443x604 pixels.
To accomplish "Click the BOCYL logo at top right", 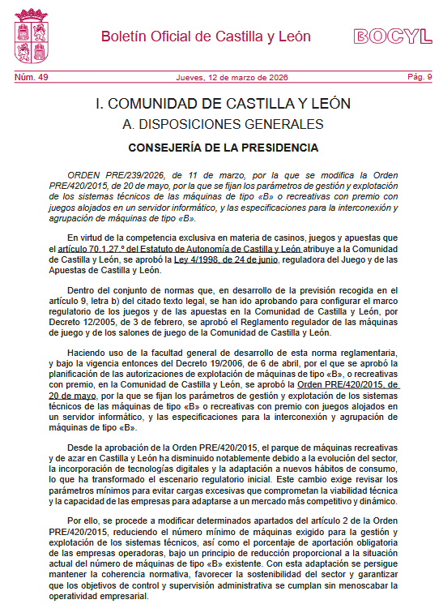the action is pyautogui.click(x=392, y=36).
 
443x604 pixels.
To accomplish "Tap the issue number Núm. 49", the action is pyautogui.click(x=32, y=77).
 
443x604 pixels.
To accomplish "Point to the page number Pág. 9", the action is pyautogui.click(x=420, y=77).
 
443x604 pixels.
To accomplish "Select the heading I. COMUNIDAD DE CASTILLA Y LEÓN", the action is pyautogui.click(x=223, y=104).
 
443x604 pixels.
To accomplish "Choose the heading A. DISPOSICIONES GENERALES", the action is pyautogui.click(x=223, y=124).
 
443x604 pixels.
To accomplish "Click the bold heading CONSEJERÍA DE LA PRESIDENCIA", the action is pyautogui.click(x=224, y=148).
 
